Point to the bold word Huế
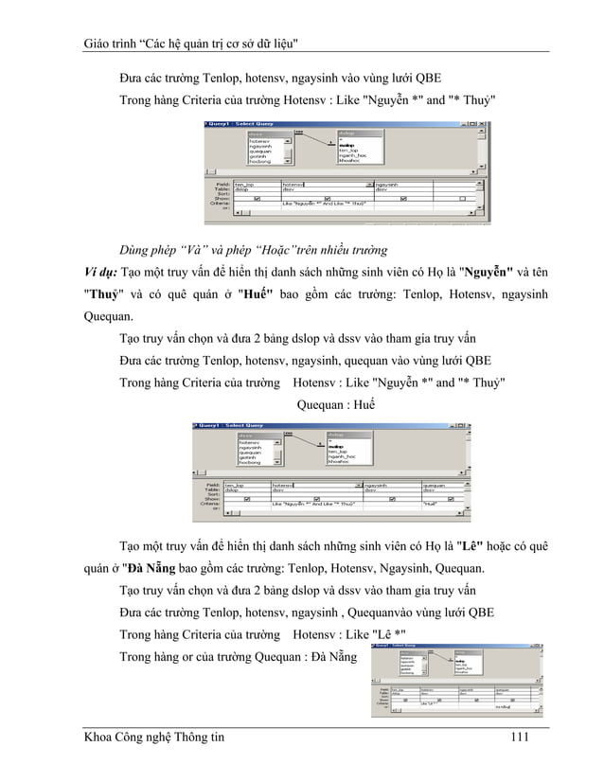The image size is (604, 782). pos(256,295)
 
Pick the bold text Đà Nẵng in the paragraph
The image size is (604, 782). pos(147,569)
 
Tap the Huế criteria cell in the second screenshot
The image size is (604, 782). pos(430,505)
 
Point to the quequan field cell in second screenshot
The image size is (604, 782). pos(435,484)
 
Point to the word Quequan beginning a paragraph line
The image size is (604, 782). pos(106,316)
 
